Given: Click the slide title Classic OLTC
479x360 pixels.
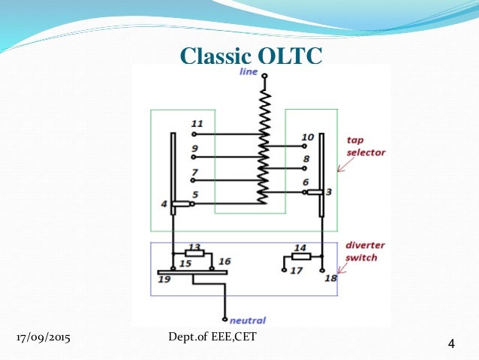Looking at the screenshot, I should coord(252,56).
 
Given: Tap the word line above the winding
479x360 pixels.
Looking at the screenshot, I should coord(249,72).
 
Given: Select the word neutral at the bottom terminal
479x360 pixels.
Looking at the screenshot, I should coord(247,320).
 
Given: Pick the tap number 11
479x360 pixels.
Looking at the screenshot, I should coord(197,123).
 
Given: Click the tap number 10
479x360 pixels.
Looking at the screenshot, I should coord(308,137).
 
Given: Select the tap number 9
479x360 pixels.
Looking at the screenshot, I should coord(195,149).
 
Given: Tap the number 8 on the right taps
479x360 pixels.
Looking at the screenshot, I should coord(306,159).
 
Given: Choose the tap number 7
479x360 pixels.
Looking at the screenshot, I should coord(195,173).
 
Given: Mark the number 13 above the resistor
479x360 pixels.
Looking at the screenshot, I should coord(194,247).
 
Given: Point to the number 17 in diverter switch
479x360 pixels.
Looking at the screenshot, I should coord(297,271).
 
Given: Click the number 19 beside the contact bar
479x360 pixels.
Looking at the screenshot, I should coord(164,278).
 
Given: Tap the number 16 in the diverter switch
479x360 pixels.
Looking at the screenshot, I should coord(224,261).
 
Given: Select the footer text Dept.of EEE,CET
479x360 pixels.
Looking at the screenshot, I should coord(213,336).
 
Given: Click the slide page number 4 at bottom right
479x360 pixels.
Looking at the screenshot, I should coord(451,344).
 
